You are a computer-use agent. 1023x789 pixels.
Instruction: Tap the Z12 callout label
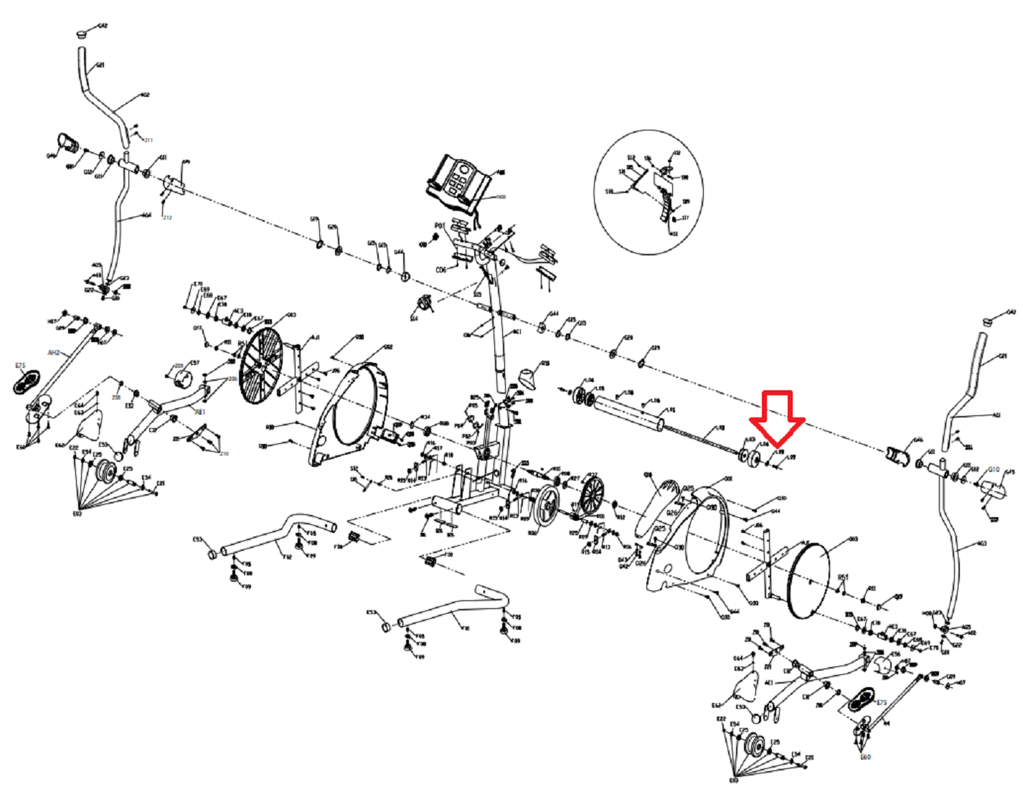(x=168, y=217)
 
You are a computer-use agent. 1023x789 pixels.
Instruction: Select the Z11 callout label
(x=148, y=140)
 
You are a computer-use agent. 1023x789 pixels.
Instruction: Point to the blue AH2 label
(x=53, y=353)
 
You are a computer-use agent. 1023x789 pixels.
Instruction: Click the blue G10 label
(x=994, y=470)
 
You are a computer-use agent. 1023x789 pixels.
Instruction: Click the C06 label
(x=441, y=270)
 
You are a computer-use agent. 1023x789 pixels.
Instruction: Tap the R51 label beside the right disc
(x=844, y=577)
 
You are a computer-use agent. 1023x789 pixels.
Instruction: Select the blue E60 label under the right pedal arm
(x=865, y=757)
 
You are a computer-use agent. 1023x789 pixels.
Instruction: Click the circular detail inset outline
(x=650, y=192)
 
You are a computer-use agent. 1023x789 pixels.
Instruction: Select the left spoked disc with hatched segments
(x=260, y=365)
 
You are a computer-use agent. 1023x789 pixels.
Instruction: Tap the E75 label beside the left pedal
(x=20, y=366)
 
